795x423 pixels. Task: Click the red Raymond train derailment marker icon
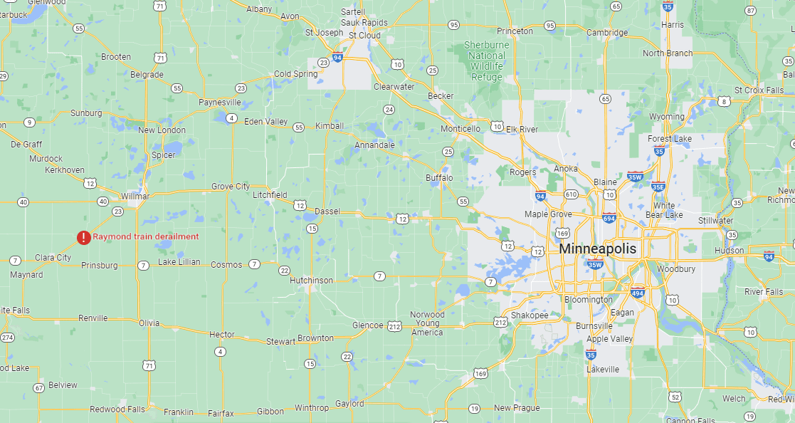point(84,237)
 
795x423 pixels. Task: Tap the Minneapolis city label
point(597,249)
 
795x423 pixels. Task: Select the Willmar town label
point(135,196)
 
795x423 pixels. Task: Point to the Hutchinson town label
point(311,281)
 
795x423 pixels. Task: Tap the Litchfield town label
point(270,194)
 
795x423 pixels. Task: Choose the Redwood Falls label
point(117,409)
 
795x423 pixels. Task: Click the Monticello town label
point(460,128)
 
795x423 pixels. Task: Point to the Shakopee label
point(530,315)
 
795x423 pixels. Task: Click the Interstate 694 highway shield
point(608,218)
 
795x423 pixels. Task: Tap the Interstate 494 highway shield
point(638,291)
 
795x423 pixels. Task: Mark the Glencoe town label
point(368,325)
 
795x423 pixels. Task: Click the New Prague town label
point(517,408)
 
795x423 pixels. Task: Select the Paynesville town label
point(220,103)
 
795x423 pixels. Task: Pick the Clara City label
point(53,258)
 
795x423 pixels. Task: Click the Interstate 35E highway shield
point(658,187)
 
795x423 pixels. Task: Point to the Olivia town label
point(149,323)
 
